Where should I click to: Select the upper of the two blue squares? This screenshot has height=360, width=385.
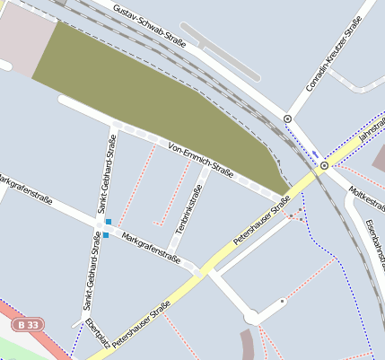click(x=109, y=222)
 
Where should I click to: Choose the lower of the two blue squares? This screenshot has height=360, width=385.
click(x=105, y=235)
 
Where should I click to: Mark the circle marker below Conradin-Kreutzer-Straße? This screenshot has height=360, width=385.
click(x=287, y=119)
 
